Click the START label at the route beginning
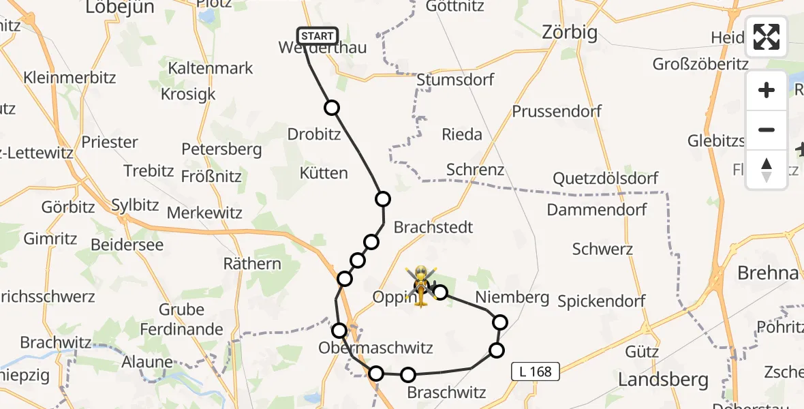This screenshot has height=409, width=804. [x=317, y=36]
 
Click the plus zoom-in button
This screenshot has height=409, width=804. [x=767, y=90]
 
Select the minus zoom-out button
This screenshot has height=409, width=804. [x=767, y=130]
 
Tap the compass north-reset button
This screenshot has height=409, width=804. [x=767, y=170]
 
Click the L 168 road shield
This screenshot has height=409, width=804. [x=536, y=372]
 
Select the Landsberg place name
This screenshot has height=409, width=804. [x=663, y=379]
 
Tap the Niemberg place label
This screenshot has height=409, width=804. [x=512, y=297]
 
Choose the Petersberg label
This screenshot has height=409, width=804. [x=221, y=149]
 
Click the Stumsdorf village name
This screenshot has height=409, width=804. [x=455, y=80]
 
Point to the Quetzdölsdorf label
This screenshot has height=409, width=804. [x=606, y=179]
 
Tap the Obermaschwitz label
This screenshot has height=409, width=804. [x=375, y=348]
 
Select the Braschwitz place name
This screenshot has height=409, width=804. [x=446, y=393]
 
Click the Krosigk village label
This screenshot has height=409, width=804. [x=188, y=94]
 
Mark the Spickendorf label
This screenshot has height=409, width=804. [x=602, y=301]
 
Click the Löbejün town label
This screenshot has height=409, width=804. [x=120, y=7]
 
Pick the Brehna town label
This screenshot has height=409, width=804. [x=768, y=273]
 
